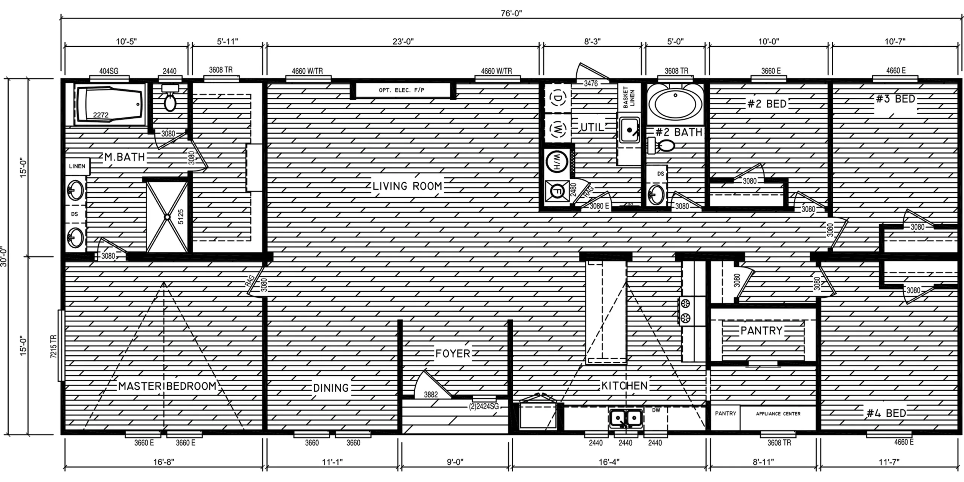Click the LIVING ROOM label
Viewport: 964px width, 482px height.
click(407, 186)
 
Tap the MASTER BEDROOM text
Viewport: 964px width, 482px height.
click(168, 386)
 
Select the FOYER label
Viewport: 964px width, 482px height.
click(453, 353)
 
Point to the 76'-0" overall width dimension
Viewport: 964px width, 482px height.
click(511, 13)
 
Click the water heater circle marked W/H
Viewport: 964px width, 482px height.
click(557, 162)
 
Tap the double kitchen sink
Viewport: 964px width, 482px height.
click(625, 418)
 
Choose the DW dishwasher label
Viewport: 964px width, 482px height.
click(656, 410)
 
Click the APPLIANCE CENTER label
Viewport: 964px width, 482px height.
click(778, 414)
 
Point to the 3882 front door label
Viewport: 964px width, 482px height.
click(431, 395)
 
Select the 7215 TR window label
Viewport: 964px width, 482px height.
click(53, 346)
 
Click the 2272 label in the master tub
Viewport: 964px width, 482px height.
click(101, 115)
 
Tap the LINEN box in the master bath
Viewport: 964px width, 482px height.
click(77, 166)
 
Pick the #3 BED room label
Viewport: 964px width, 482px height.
click(895, 99)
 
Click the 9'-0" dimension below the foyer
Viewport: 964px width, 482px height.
click(455, 462)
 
